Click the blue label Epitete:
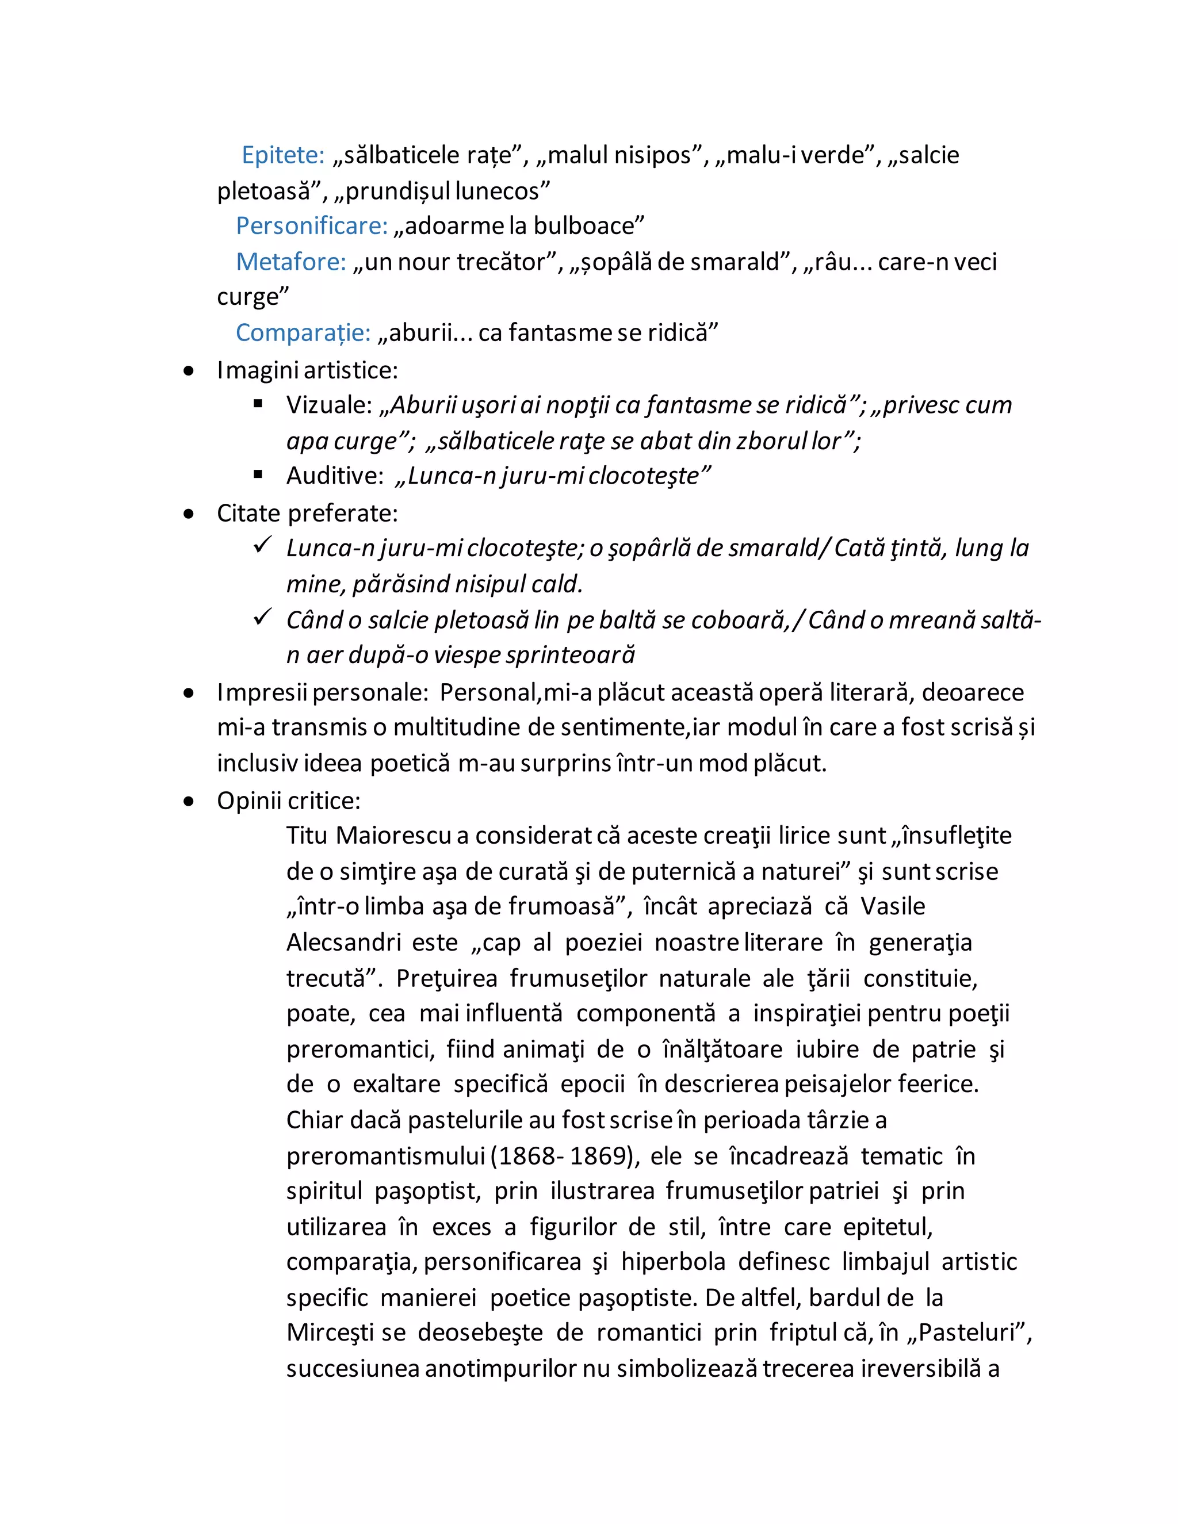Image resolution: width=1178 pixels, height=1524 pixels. tap(282, 155)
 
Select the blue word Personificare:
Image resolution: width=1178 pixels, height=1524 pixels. tap(311, 226)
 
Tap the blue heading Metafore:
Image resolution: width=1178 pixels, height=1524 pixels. tap(290, 262)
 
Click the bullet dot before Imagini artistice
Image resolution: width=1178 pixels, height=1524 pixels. tap(189, 372)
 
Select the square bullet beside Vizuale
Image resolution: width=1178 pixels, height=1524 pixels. tap(258, 403)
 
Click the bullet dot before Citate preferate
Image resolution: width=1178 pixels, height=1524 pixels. tap(189, 514)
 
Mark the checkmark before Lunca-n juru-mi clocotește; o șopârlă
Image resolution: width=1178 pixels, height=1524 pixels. tap(262, 545)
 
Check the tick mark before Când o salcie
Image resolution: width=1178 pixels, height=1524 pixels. tap(262, 617)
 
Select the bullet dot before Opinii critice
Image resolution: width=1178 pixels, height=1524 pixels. tap(189, 802)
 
